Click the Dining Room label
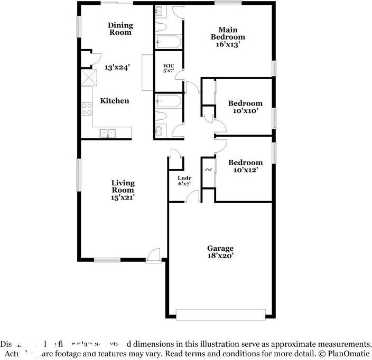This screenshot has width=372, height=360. click(x=120, y=29)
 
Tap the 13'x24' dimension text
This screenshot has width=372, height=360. click(x=117, y=67)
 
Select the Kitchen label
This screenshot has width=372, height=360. click(x=115, y=100)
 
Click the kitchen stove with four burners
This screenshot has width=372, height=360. click(x=86, y=109)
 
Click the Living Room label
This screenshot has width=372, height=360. click(x=123, y=186)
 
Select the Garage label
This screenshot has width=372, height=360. click(x=220, y=248)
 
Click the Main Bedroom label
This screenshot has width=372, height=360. click(x=228, y=33)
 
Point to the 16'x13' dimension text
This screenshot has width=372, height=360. click(x=228, y=45)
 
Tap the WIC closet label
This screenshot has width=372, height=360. click(x=168, y=68)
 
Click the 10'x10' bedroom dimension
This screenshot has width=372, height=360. click(x=245, y=111)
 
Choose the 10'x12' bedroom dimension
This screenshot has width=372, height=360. click(x=245, y=170)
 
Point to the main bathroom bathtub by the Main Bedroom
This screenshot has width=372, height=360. click(x=169, y=42)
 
